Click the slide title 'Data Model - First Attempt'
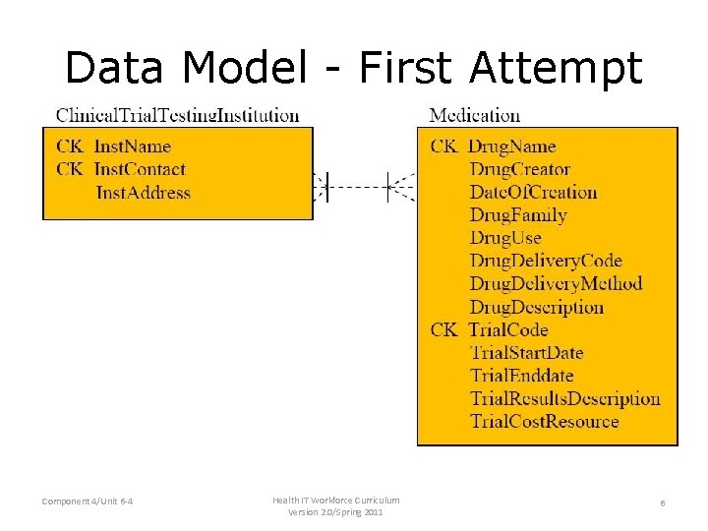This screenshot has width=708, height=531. tap(354, 68)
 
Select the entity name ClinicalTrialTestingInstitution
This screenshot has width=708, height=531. tap(178, 115)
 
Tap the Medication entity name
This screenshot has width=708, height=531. tap(475, 115)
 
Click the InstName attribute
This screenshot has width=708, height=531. tap(132, 147)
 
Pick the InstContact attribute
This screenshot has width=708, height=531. tap(140, 169)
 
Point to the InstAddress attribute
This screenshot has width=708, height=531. tap(144, 193)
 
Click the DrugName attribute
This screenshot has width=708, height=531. tap(511, 147)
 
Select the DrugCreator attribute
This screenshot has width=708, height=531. tap(519, 169)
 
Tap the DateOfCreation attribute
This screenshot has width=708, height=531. tap(533, 192)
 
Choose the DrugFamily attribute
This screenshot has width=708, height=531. tap(518, 215)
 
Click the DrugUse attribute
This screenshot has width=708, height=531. tap(505, 238)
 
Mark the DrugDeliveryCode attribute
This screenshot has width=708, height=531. tap(546, 261)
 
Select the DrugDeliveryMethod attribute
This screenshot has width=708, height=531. tap(556, 284)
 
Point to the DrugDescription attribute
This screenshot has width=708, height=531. tap(536, 307)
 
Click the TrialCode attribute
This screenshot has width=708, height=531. tap(508, 329)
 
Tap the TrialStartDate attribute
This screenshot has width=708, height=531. tap(526, 352)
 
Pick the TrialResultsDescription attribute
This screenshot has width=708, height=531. tap(564, 398)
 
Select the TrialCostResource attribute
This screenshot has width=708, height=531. tap(544, 422)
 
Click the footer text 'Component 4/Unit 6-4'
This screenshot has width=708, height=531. tap(88, 502)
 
